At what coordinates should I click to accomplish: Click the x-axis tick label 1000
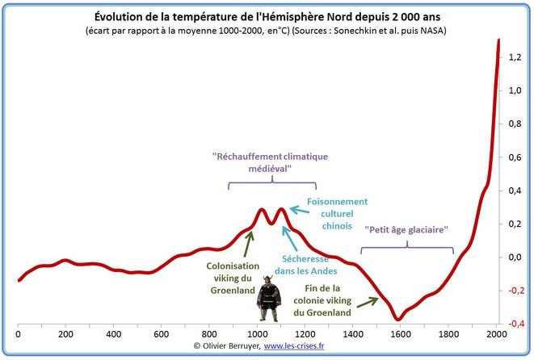(x=258, y=332)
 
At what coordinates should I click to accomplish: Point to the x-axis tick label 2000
(x=496, y=332)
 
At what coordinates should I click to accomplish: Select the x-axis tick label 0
(x=19, y=332)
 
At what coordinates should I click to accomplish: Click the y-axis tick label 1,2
(x=515, y=57)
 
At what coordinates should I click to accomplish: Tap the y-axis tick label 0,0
(x=515, y=257)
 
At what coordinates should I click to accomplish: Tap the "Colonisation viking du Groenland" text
(x=233, y=278)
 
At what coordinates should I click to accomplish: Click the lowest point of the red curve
(x=397, y=319)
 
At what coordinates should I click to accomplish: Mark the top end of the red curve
(x=498, y=40)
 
